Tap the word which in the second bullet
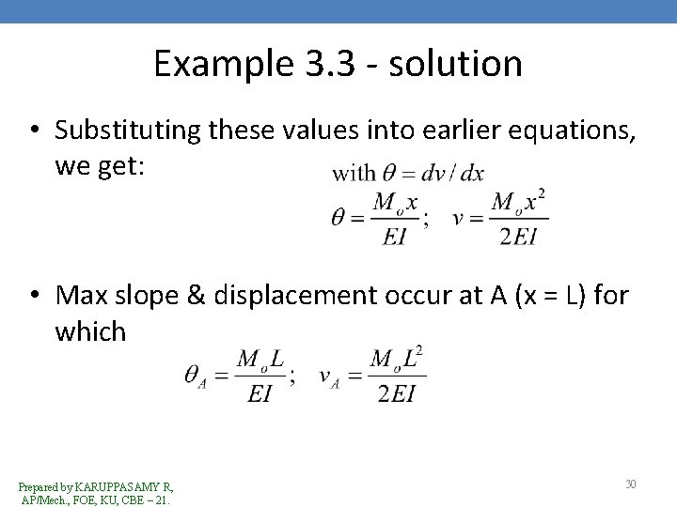[90, 332]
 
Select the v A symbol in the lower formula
[329, 376]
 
